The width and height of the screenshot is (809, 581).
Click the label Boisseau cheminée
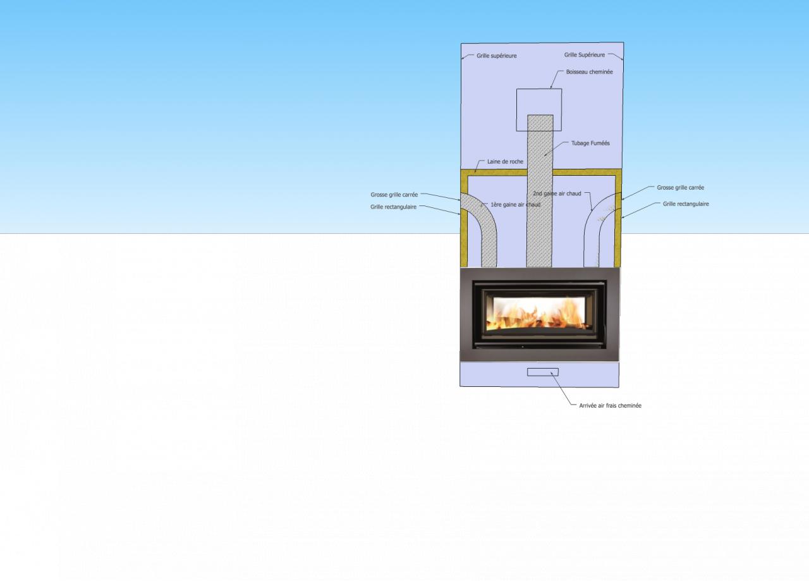(x=589, y=72)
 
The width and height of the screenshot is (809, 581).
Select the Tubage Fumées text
(x=590, y=144)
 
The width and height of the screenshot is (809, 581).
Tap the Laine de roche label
(x=505, y=162)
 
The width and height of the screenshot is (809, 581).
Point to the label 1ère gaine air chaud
(x=515, y=205)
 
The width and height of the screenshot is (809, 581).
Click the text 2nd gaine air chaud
(x=557, y=193)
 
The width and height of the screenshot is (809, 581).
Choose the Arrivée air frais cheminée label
(x=610, y=406)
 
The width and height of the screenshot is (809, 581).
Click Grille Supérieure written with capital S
(x=584, y=55)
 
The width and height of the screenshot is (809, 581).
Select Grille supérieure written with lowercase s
(x=496, y=56)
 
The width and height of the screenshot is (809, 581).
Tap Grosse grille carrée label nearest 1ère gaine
(x=394, y=195)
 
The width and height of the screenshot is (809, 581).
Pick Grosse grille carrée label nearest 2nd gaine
(x=680, y=188)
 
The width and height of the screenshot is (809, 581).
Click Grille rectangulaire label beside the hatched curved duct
(x=393, y=207)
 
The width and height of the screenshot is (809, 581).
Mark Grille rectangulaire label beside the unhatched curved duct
(x=686, y=204)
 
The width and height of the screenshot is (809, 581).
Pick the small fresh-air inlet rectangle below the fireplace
(x=543, y=372)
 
